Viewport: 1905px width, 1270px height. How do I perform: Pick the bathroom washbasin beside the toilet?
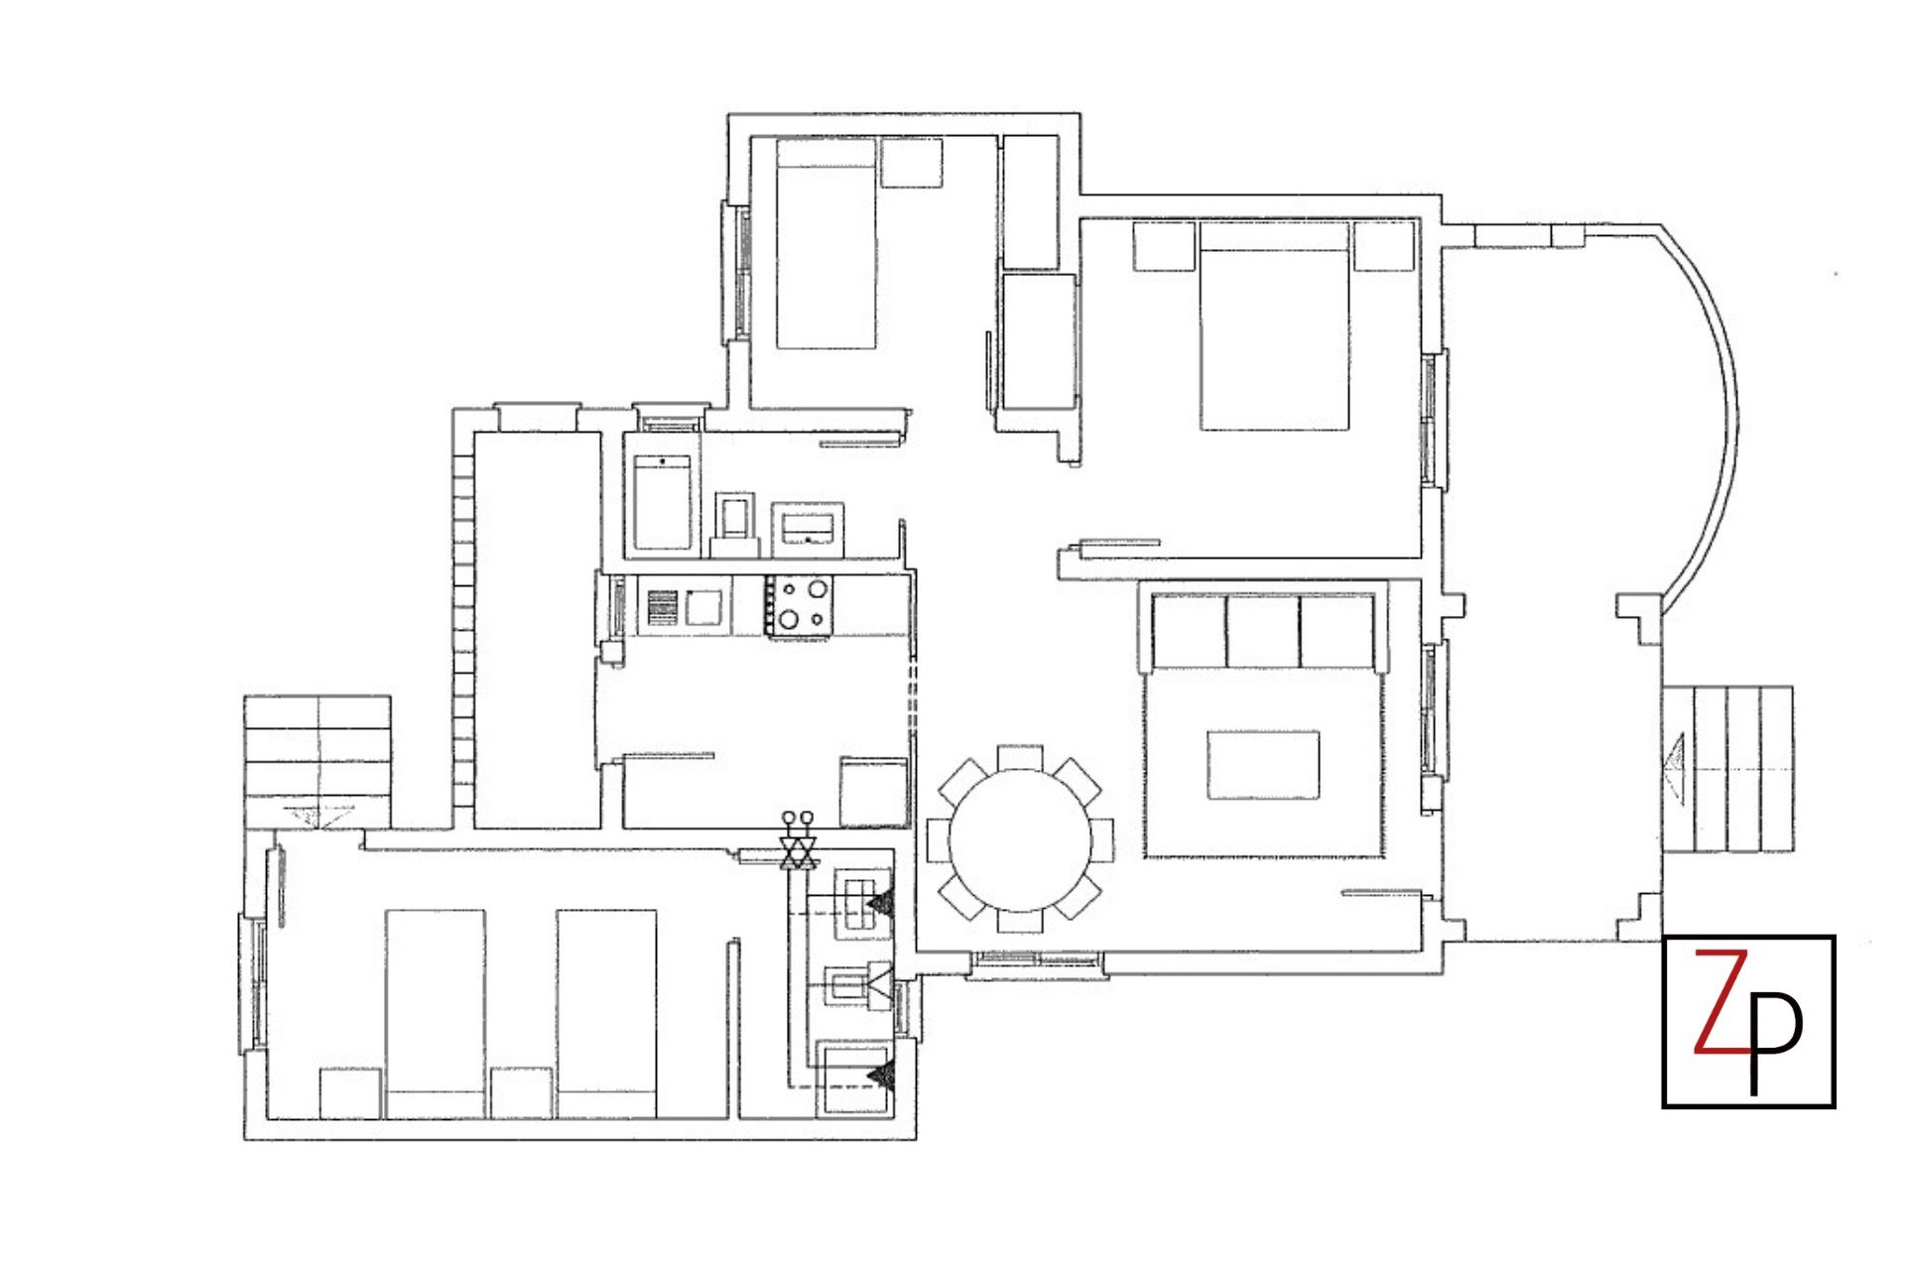(809, 524)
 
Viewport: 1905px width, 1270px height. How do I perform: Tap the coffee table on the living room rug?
(1263, 764)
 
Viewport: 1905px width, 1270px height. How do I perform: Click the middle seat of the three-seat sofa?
(1263, 631)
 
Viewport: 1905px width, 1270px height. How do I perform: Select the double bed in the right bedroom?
(1274, 327)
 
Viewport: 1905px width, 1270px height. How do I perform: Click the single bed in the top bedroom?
(825, 244)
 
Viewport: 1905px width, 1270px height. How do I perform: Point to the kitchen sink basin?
(703, 606)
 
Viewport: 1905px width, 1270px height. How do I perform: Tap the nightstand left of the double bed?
(1164, 245)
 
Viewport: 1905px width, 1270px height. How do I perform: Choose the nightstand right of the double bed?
(1383, 245)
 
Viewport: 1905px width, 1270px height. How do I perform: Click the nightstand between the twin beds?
(521, 1092)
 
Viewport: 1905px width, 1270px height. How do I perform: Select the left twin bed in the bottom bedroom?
(435, 1012)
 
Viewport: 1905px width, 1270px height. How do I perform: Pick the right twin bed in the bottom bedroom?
(606, 1012)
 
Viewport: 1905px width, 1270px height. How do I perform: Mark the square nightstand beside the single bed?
(911, 163)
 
